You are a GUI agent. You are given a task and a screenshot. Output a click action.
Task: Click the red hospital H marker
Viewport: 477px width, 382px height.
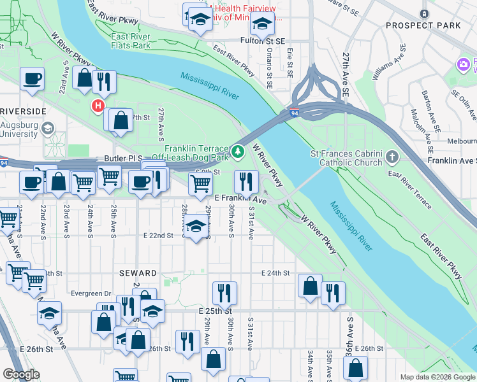point(98,106)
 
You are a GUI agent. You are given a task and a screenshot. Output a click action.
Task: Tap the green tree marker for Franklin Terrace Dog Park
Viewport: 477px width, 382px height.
point(237,152)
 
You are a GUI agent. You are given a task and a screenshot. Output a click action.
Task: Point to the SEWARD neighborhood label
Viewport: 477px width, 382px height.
point(138,273)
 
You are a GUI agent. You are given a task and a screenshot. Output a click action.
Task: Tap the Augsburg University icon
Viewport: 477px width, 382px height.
point(47,129)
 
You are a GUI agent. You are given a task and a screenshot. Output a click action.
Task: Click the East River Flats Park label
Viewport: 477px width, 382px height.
point(131,41)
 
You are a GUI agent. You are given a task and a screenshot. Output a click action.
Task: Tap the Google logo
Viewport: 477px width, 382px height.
point(21,374)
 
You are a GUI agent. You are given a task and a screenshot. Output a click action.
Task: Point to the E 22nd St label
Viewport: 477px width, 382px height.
point(159,236)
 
